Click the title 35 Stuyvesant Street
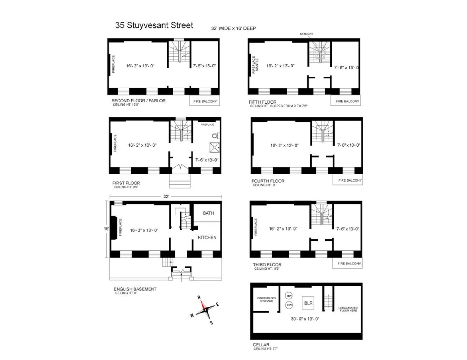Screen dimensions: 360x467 (x=154, y=25)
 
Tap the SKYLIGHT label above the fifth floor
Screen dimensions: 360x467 (x=306, y=34)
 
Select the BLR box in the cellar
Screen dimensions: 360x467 (x=308, y=303)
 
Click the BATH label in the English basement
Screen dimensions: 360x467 (x=208, y=213)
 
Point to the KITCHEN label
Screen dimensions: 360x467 (x=207, y=237)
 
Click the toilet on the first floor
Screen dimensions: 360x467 (x=215, y=136)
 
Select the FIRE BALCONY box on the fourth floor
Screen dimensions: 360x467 (x=348, y=180)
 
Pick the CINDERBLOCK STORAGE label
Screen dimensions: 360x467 (x=267, y=300)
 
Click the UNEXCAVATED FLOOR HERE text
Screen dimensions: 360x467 (x=348, y=309)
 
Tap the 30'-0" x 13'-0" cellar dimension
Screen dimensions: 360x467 (x=305, y=319)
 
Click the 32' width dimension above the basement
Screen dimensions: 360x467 (x=166, y=197)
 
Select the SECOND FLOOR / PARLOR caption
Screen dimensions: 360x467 (x=139, y=100)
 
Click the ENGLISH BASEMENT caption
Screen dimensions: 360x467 (x=135, y=289)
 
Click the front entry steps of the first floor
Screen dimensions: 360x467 (x=180, y=181)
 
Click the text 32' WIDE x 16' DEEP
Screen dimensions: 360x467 (x=233, y=28)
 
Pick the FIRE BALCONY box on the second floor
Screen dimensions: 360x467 (x=205, y=101)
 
